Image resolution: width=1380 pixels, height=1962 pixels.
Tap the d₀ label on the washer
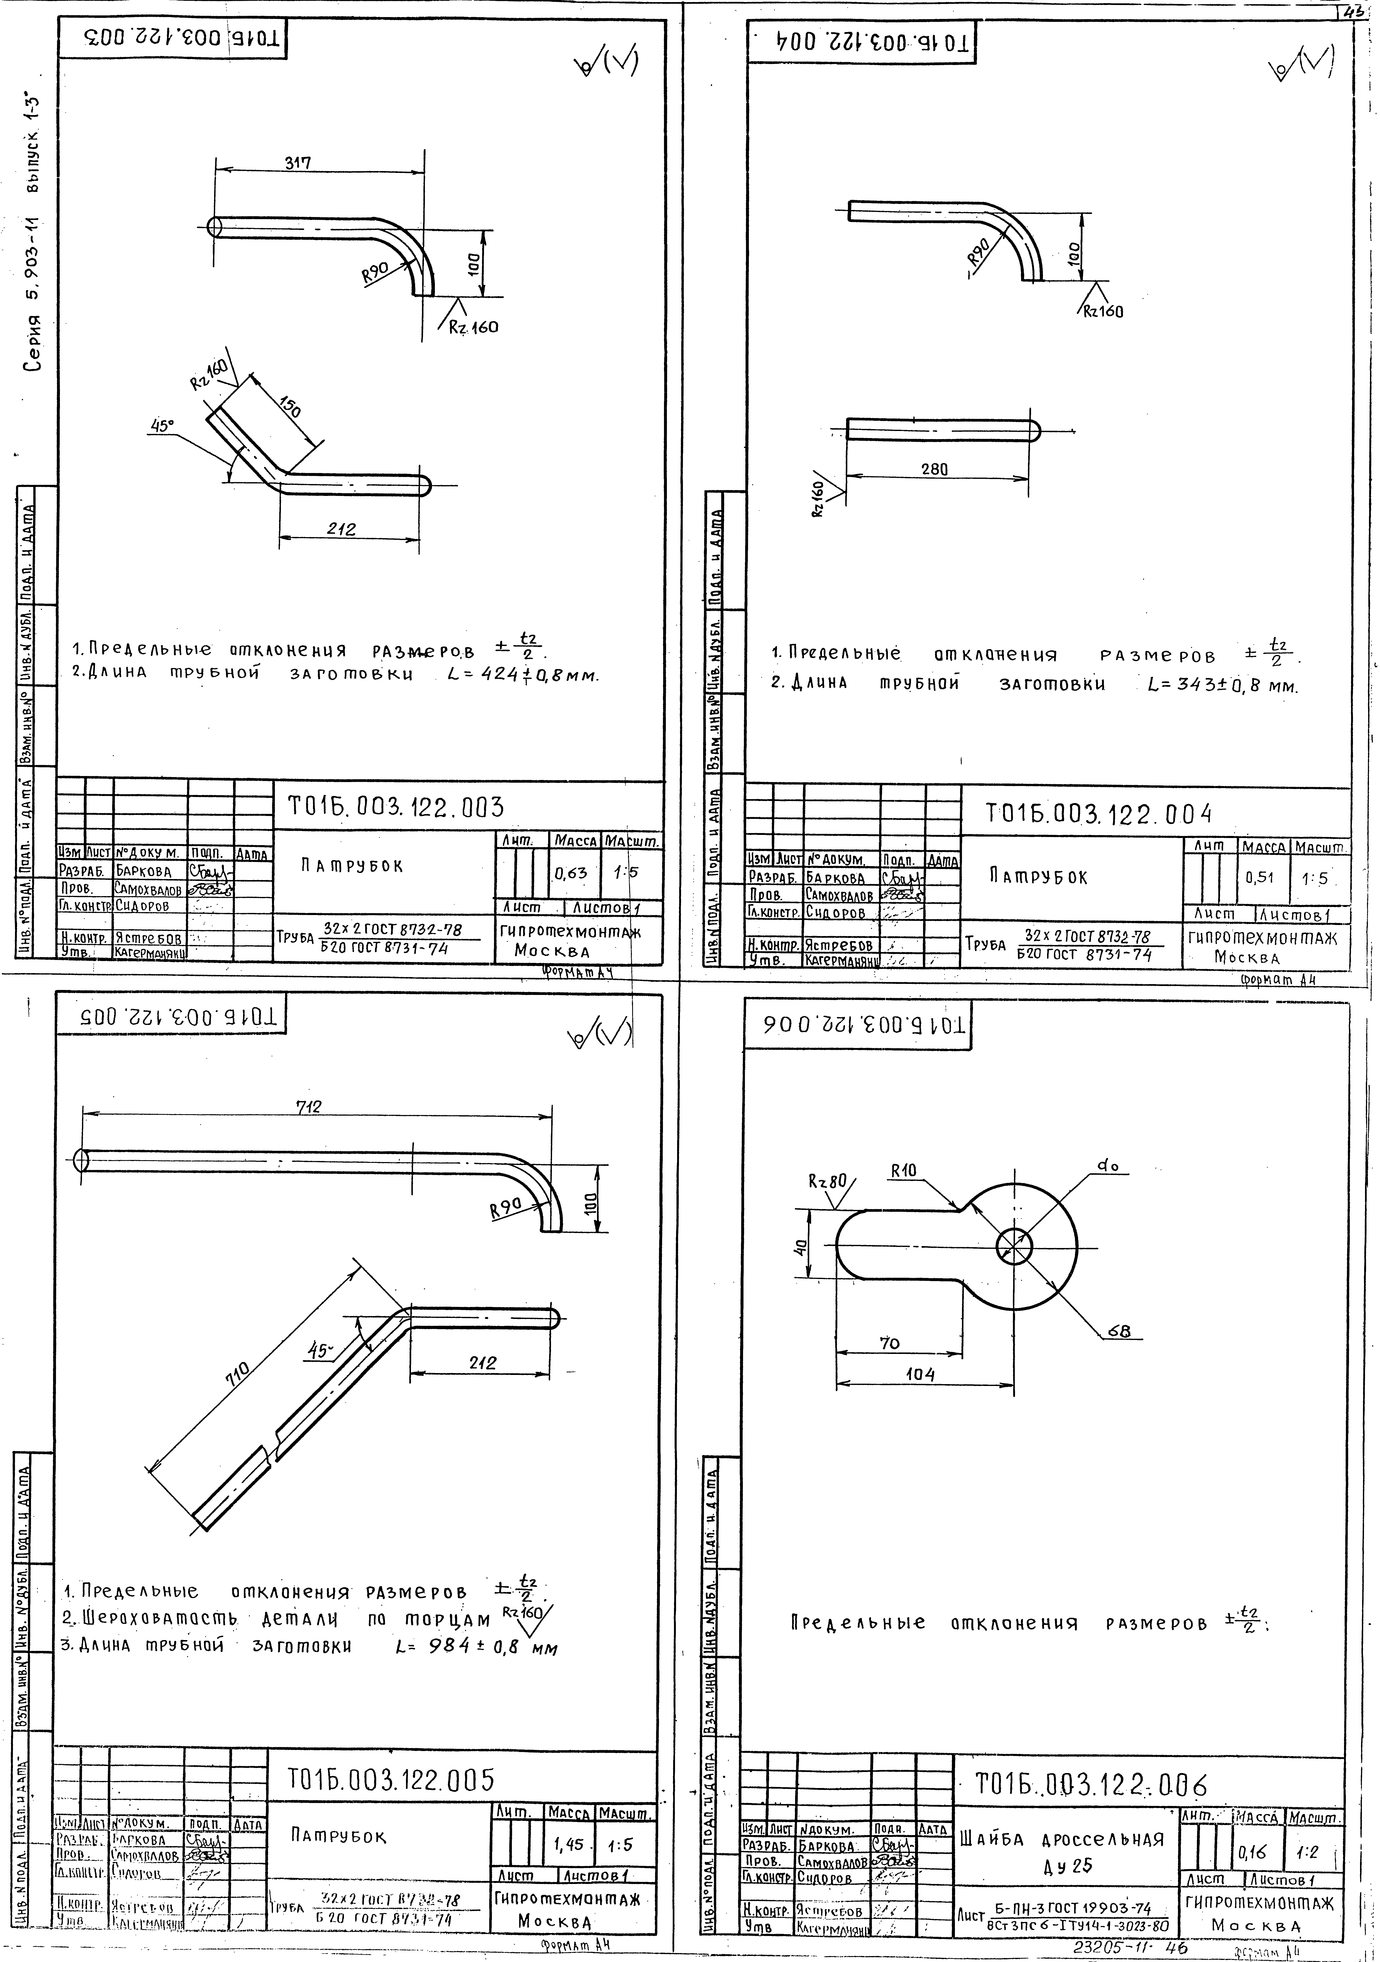(x=1108, y=1165)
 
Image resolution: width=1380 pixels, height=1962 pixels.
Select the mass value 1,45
(x=568, y=1844)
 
